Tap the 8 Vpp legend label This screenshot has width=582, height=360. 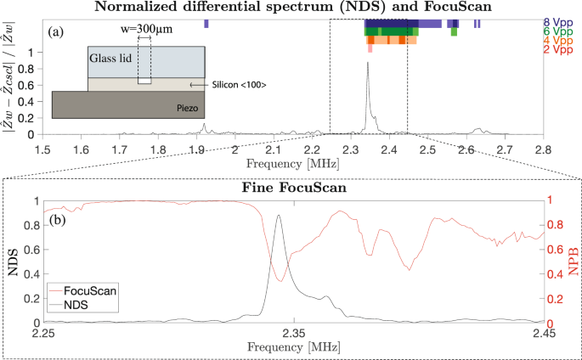pyautogui.click(x=557, y=20)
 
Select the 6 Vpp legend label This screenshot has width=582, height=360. pyautogui.click(x=557, y=31)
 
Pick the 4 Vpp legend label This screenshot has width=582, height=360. pyautogui.click(x=557, y=41)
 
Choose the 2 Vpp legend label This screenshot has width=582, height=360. pyautogui.click(x=557, y=51)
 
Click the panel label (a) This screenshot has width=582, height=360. pyautogui.click(x=58, y=33)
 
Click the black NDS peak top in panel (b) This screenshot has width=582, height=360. pyautogui.click(x=280, y=215)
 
